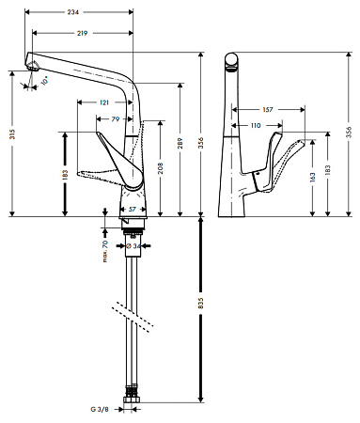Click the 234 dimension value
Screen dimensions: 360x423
pyautogui.click(x=73, y=12)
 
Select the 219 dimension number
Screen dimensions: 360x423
pyautogui.click(x=82, y=33)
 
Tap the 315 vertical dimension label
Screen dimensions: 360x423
pyautogui.click(x=12, y=134)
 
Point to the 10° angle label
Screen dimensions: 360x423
pyautogui.click(x=44, y=81)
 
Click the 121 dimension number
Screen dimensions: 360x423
pyautogui.click(x=104, y=102)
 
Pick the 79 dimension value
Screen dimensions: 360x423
pyautogui.click(x=116, y=119)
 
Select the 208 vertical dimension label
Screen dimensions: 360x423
pyautogui.click(x=161, y=168)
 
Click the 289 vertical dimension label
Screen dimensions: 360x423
pyautogui.click(x=180, y=143)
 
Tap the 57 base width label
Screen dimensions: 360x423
pyautogui.click(x=133, y=210)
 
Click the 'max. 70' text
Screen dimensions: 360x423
pyautogui.click(x=105, y=251)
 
